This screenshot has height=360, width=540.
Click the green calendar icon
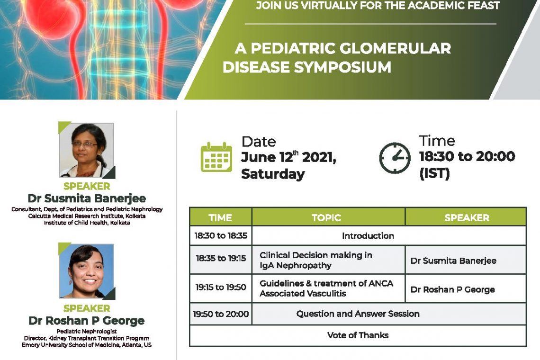point(216,157)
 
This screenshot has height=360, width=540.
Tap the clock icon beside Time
point(395,158)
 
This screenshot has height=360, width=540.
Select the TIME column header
point(220,218)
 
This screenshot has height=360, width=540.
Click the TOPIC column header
point(326,218)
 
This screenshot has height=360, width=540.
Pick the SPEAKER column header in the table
point(467,218)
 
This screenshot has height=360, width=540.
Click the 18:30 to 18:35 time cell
point(221,235)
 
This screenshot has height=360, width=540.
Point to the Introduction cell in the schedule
point(368,235)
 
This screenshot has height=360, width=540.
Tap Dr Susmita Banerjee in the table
point(453,261)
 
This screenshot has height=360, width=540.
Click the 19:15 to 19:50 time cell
point(221,288)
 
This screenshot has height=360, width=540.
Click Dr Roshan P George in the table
point(452,290)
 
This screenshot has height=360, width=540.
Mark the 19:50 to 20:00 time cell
point(221,314)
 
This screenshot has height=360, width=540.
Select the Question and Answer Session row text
point(358,314)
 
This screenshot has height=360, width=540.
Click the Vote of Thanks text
point(358,335)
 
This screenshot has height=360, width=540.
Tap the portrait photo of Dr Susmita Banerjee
point(87,150)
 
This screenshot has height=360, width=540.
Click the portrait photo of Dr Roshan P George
point(87,271)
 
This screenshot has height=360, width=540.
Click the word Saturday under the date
point(273,174)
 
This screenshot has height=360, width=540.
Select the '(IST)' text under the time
point(434,173)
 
